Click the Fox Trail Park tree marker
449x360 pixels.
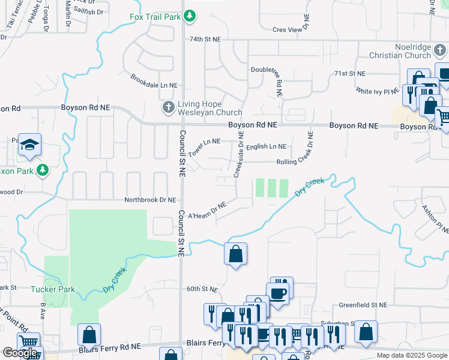pyautogui.click(x=190, y=16)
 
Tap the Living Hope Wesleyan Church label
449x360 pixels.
pyautogui.click(x=209, y=107)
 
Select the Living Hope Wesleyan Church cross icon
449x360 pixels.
pyautogui.click(x=169, y=107)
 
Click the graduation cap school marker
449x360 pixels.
pyautogui.click(x=29, y=145)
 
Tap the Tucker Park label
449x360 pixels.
pyautogui.click(x=53, y=289)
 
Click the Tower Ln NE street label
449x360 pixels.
pyautogui.click(x=204, y=146)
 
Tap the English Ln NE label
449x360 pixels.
pyautogui.click(x=266, y=146)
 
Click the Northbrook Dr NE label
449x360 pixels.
pyautogui.click(x=150, y=200)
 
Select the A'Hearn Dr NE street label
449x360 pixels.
pyautogui.click(x=207, y=210)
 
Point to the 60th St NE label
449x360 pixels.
pyautogui.click(x=202, y=289)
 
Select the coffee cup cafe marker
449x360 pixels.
pyautogui.click(x=277, y=292)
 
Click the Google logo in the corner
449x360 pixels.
pyautogui.click(x=20, y=353)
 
